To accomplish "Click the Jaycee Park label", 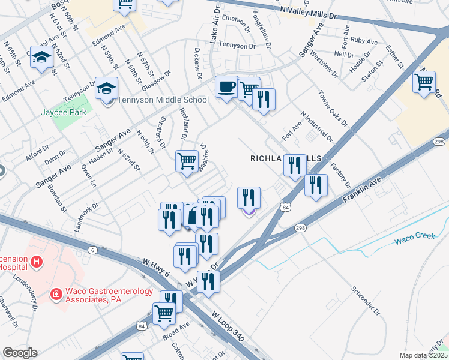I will (x=64, y=112).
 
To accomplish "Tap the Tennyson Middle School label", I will (x=163, y=100).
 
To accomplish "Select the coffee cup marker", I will (x=226, y=88).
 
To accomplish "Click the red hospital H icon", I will (x=37, y=262).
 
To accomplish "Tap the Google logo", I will (x=19, y=353).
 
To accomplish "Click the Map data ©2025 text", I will (x=423, y=355).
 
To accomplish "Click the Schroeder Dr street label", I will (x=366, y=299).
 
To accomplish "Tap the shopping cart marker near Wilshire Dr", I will (x=187, y=161).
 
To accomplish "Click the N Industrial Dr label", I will (x=317, y=127).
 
